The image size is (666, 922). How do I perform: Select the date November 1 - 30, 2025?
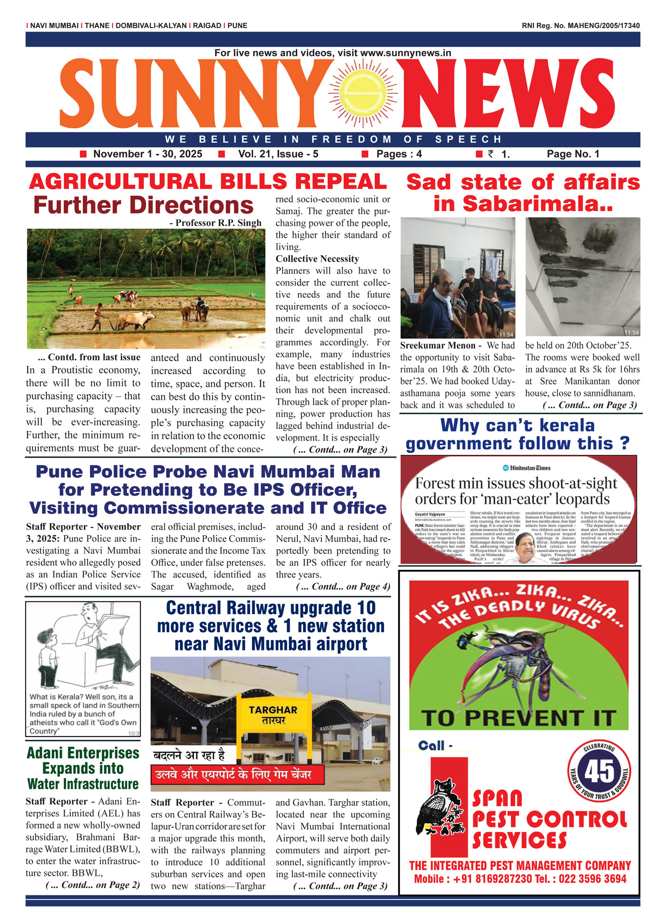(x=147, y=154)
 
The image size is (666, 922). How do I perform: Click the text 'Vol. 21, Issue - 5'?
(x=278, y=154)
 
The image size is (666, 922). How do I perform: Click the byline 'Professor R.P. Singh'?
(x=218, y=223)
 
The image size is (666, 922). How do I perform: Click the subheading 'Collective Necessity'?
(x=317, y=259)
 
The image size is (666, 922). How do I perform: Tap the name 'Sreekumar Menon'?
(x=438, y=345)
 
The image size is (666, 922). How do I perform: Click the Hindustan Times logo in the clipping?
(x=527, y=468)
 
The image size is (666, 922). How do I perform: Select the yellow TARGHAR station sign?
(x=273, y=715)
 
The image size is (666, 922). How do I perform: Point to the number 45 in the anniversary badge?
(x=599, y=771)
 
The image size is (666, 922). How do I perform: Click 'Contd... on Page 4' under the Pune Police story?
(x=343, y=587)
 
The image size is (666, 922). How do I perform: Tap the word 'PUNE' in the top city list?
(x=237, y=26)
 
